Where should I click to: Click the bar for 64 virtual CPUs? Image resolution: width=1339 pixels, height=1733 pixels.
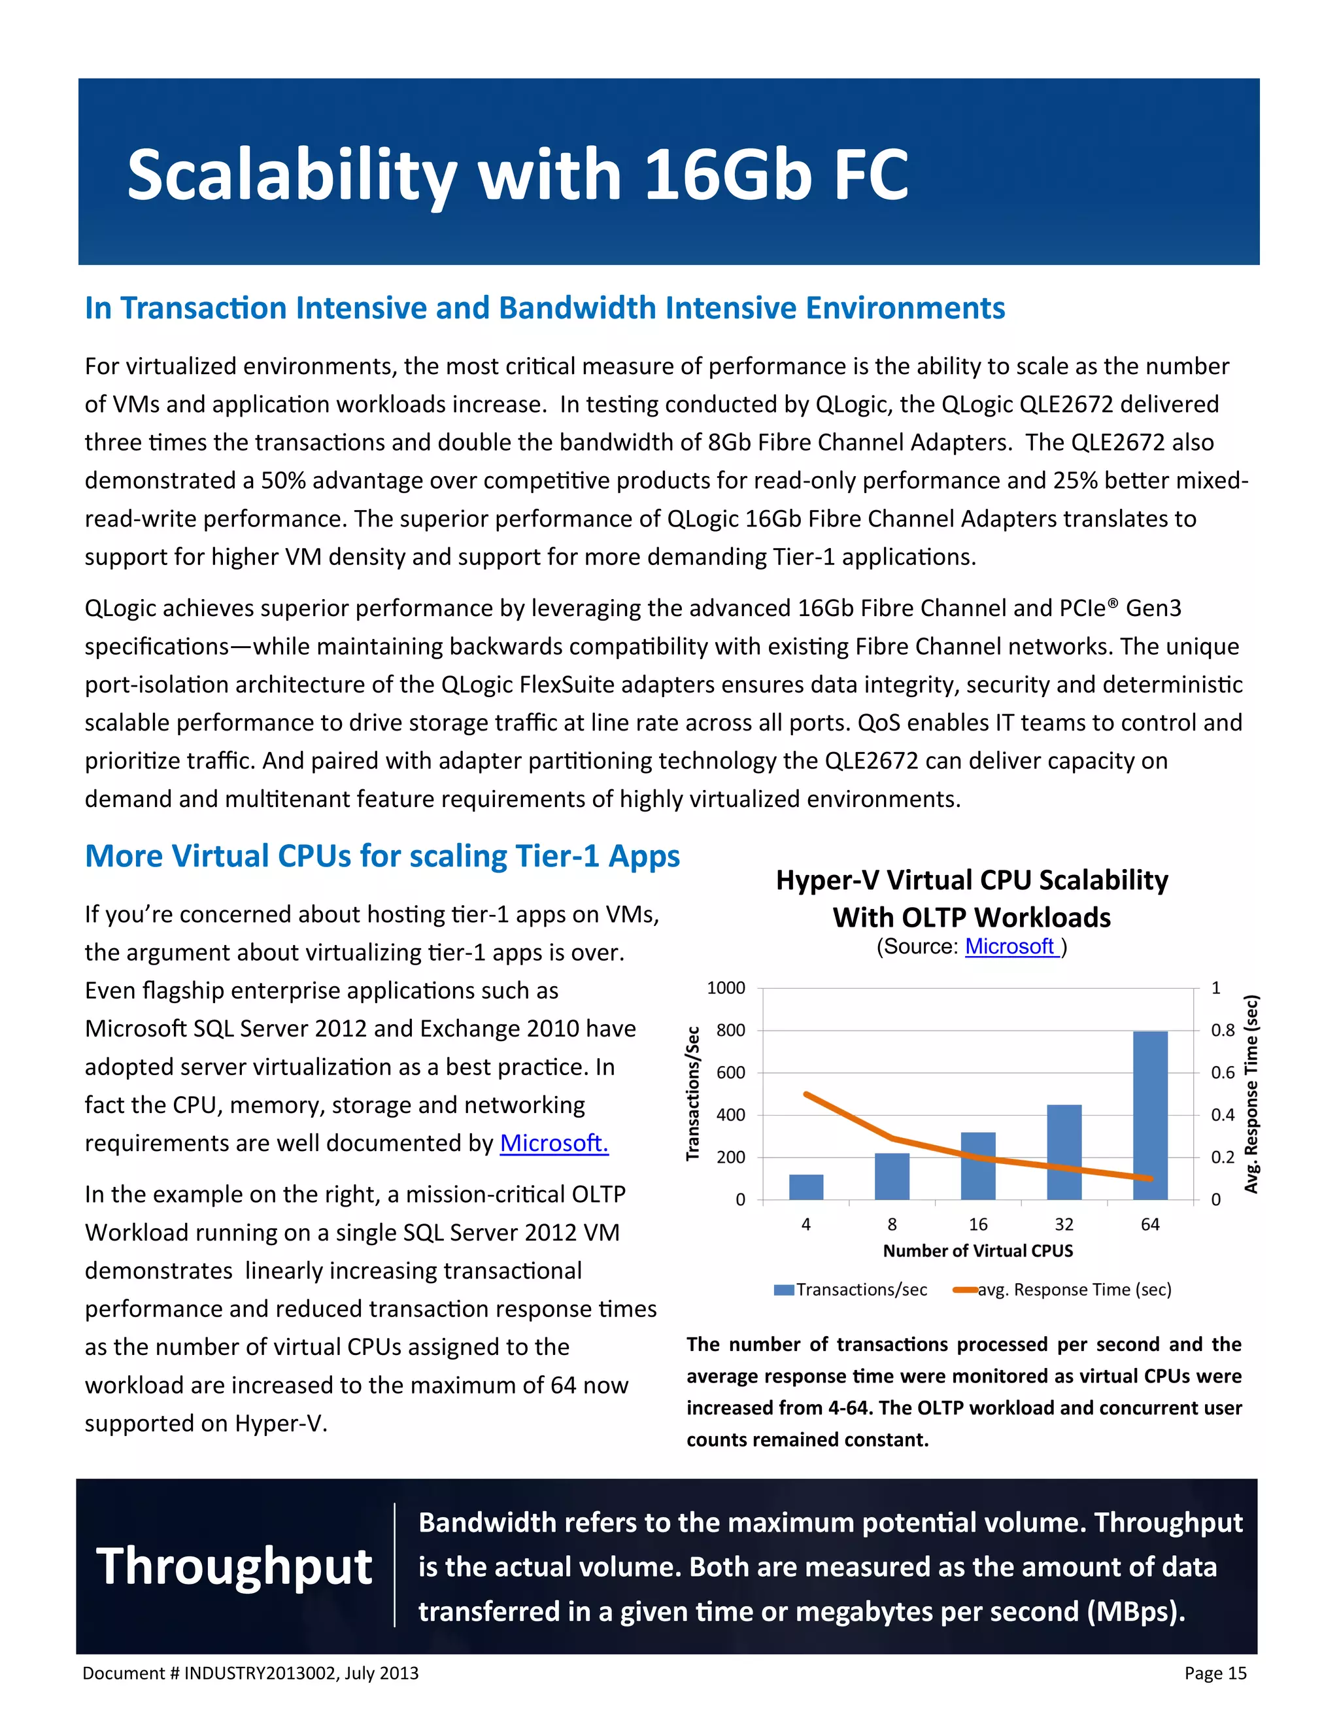click(1149, 1115)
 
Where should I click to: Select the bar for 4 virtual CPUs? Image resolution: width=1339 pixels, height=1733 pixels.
click(806, 1186)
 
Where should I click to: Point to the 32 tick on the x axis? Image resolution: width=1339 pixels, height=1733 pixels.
click(1064, 1224)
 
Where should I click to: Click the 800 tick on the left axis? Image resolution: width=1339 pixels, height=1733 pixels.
click(730, 1030)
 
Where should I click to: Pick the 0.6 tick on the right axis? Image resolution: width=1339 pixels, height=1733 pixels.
click(1223, 1072)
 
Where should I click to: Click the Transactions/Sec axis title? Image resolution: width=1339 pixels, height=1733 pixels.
click(692, 1093)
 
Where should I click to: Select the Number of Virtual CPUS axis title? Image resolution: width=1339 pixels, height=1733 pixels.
click(977, 1250)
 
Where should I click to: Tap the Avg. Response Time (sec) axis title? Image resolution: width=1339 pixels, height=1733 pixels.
click(1251, 1093)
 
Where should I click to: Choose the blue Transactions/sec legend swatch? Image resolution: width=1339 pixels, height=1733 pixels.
click(784, 1290)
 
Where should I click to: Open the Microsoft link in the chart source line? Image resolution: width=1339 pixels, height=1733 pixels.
click(1011, 947)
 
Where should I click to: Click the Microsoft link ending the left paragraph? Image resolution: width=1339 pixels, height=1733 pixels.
click(554, 1142)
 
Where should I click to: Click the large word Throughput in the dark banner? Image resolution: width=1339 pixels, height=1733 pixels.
click(234, 1567)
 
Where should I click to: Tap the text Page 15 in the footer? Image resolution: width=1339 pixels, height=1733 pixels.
click(1215, 1673)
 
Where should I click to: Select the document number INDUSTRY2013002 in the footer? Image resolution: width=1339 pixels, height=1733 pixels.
click(262, 1673)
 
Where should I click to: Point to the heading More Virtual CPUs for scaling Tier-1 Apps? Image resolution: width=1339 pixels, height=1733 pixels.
click(382, 856)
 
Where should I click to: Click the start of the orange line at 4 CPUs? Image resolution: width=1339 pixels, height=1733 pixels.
click(806, 1094)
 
